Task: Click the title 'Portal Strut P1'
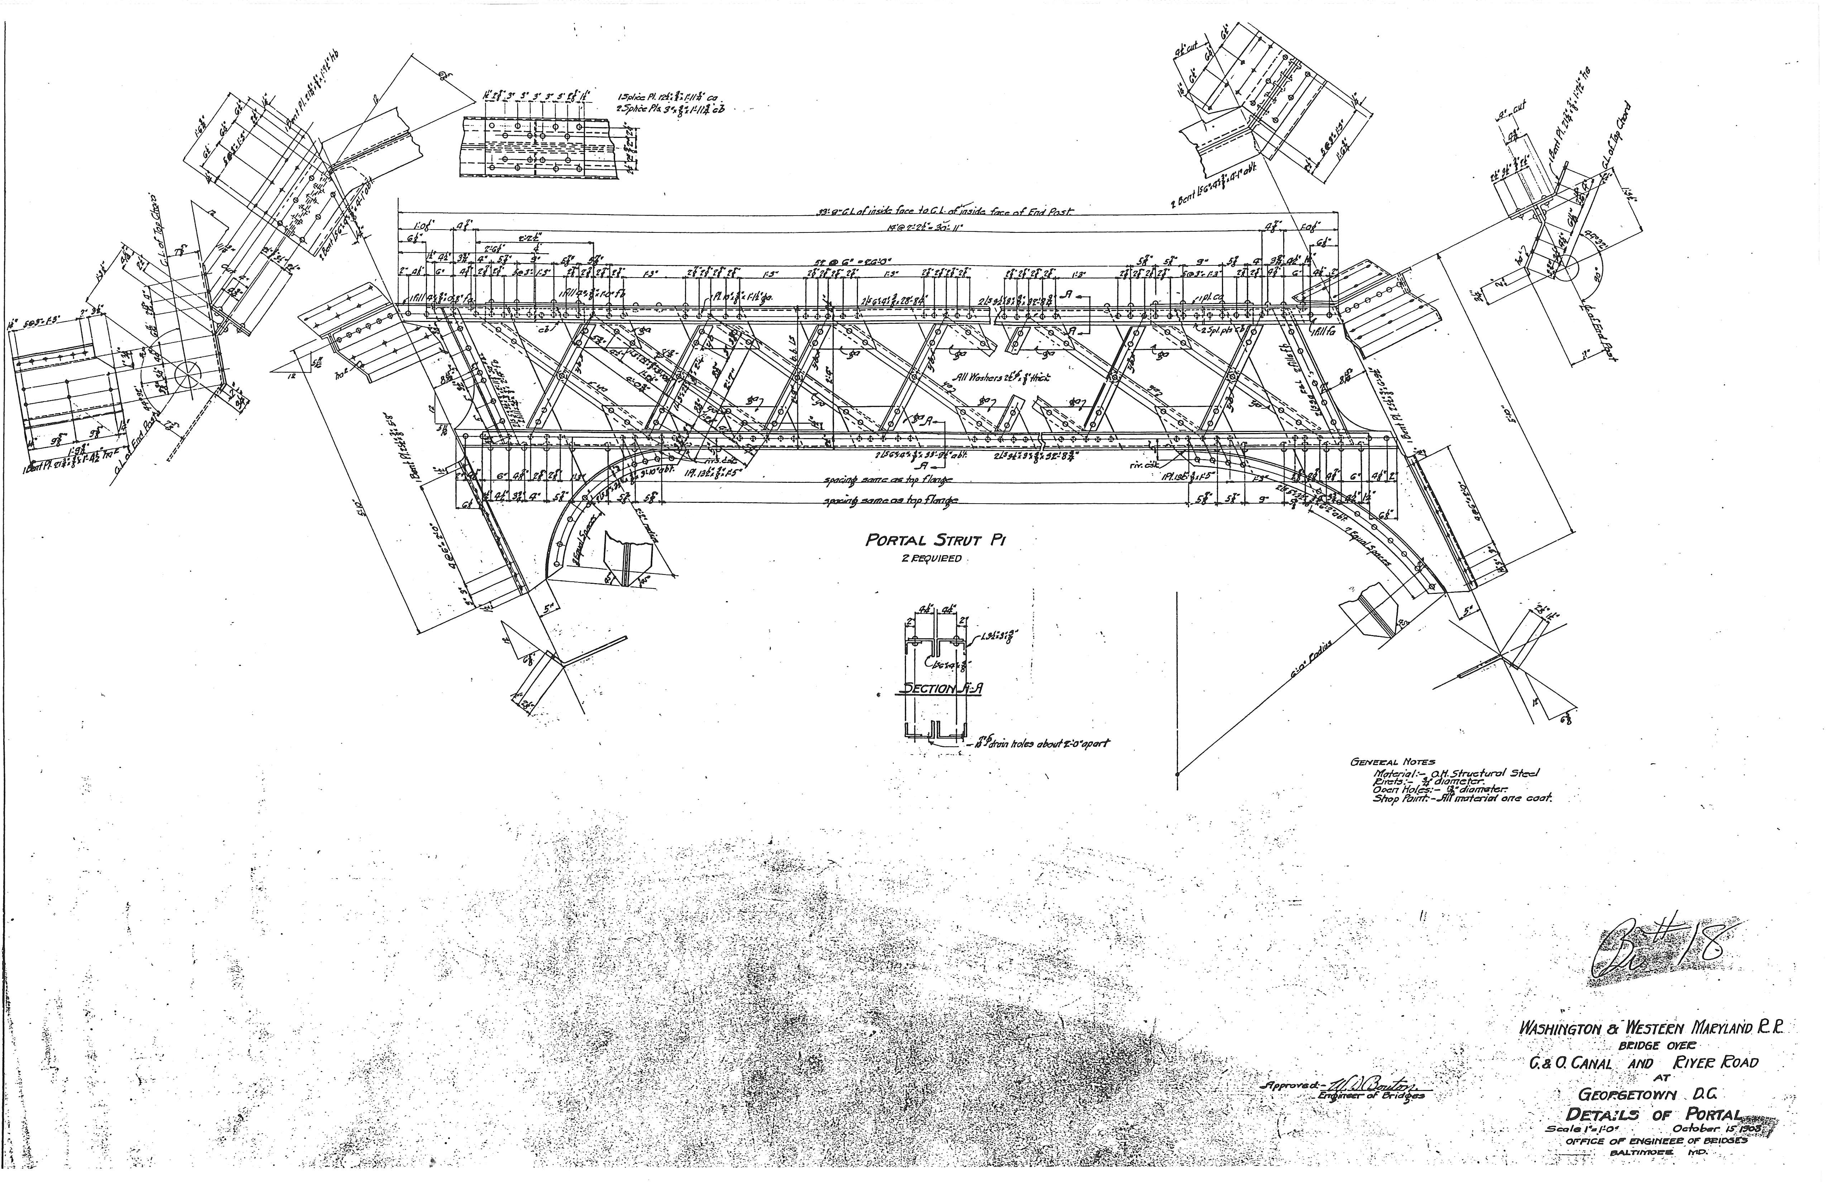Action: pos(935,540)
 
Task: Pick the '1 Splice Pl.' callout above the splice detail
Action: pos(668,97)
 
